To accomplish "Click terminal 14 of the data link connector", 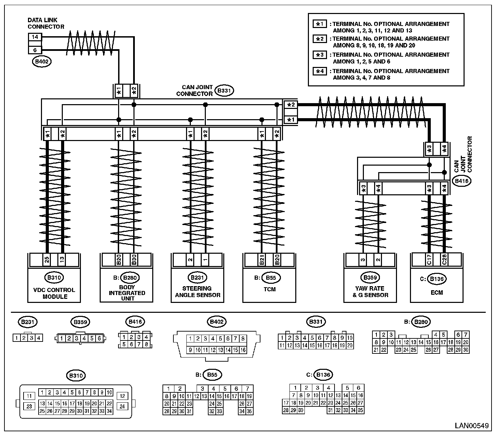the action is [35, 37].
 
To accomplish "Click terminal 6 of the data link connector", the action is [35, 50].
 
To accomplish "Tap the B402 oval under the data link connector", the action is [42, 61].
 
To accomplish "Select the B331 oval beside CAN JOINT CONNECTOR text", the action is [224, 90].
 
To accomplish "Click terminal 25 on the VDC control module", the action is [47, 260].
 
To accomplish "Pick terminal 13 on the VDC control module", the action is [62, 260].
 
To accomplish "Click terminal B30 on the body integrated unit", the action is [134, 260].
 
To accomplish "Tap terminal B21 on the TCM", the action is [262, 260].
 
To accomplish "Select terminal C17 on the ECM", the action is [429, 260].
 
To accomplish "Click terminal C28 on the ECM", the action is [444, 260].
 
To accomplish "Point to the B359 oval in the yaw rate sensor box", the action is [370, 278].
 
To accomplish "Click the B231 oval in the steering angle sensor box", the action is [197, 278].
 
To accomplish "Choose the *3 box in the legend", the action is [320, 55].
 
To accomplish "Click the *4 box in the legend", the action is [320, 71].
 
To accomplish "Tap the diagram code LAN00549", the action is [471, 426].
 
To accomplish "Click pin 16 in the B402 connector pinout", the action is [243, 350].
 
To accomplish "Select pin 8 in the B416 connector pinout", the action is [146, 344].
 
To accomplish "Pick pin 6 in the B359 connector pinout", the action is [99, 338].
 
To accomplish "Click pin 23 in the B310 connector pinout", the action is [29, 406].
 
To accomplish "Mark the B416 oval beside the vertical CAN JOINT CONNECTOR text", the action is [461, 181].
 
